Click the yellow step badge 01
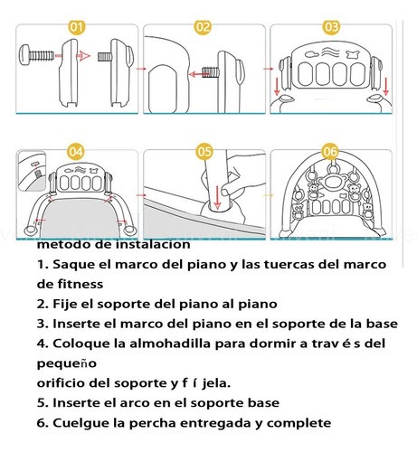77,28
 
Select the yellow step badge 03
330,28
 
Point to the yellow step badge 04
77,151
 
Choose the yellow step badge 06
330,151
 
